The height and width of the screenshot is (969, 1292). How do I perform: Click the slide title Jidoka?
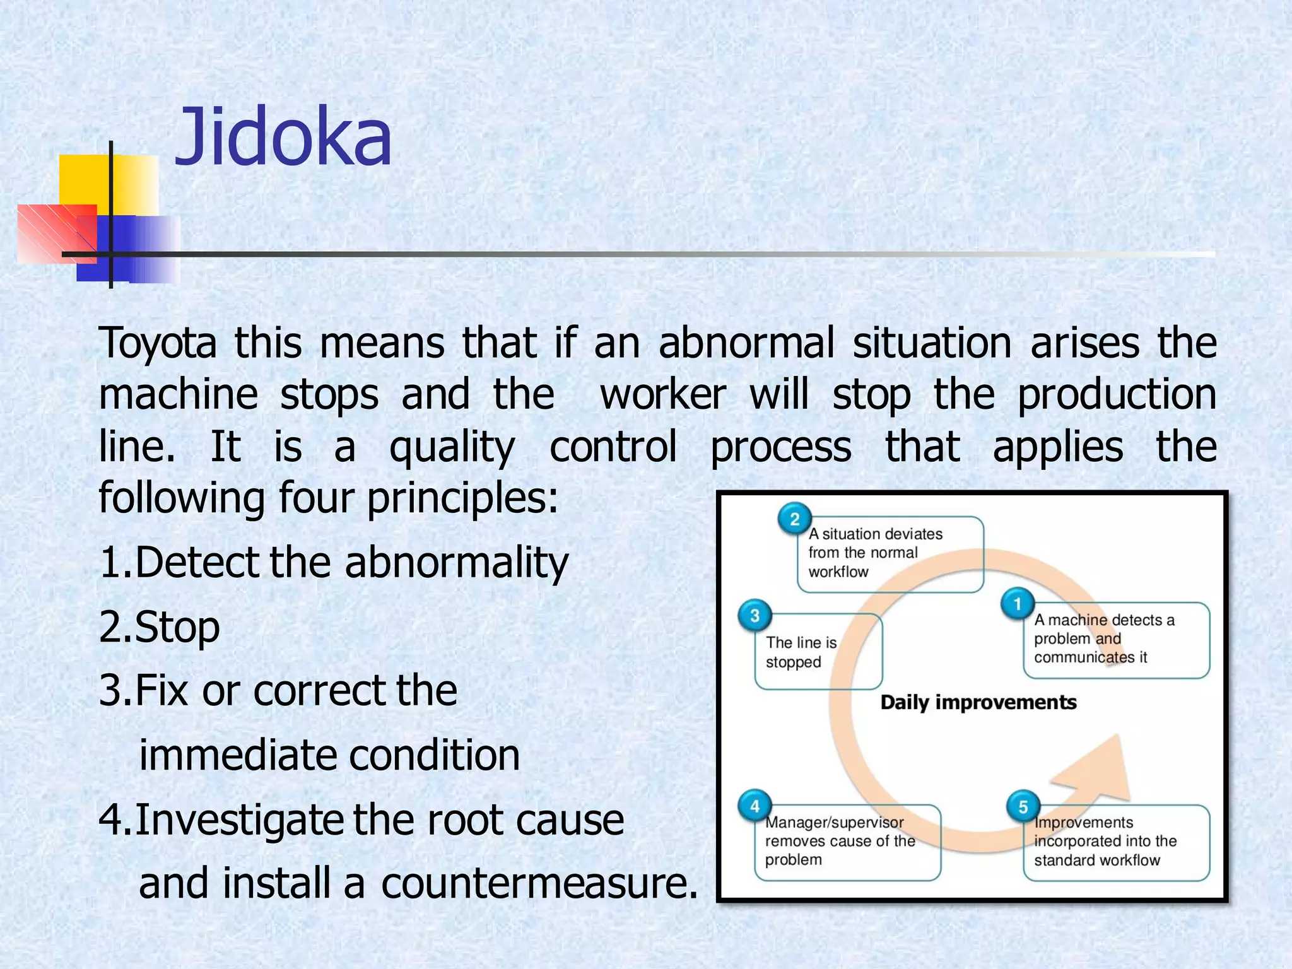tap(283, 137)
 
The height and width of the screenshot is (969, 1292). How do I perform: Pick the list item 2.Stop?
tap(160, 627)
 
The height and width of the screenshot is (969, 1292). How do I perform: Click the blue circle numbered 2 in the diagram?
tap(794, 519)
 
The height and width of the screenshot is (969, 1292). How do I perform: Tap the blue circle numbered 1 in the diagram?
tap(1017, 604)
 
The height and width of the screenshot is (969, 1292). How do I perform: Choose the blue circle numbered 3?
tap(755, 616)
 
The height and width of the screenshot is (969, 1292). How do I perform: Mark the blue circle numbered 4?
tap(755, 806)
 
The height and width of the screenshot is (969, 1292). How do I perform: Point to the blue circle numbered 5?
tap(1023, 807)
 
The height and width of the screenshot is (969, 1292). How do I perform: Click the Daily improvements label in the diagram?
tap(978, 702)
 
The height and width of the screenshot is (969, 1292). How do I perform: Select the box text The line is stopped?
tap(801, 652)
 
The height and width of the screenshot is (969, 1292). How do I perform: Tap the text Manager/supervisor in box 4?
tap(834, 823)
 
